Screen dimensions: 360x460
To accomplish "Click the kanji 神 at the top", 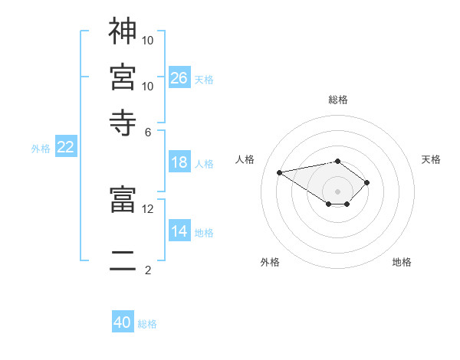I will tap(123, 32).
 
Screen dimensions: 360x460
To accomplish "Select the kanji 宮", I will tap(123, 77).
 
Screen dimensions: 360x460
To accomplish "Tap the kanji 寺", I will tap(123, 120).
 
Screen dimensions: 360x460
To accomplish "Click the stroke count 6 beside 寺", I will tap(147, 131).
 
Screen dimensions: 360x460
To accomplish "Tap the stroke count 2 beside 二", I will tap(147, 270).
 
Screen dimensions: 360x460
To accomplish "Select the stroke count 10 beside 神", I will tap(148, 40).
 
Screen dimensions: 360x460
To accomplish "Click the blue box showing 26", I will tap(179, 78).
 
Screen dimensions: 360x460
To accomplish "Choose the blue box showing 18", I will tap(179, 162).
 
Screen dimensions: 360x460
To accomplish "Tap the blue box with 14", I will tap(179, 231).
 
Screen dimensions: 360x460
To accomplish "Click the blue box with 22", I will tap(65, 148).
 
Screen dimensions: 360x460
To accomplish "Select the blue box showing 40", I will tap(123, 322).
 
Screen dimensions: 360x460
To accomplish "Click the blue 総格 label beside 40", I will tap(147, 324).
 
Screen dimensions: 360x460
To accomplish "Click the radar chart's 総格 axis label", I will tap(337, 100).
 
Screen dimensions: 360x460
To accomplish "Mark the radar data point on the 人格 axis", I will tap(280, 172).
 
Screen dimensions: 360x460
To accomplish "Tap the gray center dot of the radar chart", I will tap(337, 191).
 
